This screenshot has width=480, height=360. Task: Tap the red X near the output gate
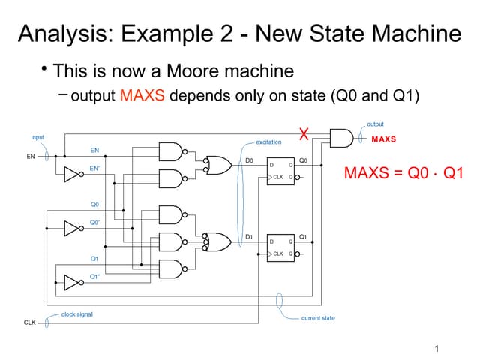pos(304,135)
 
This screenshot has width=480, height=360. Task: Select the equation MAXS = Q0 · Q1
pos(403,174)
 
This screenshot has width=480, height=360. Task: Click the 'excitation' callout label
pos(268,142)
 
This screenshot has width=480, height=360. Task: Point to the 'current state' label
pos(318,318)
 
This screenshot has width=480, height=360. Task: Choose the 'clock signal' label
pos(77,313)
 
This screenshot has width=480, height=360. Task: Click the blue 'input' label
pos(37,137)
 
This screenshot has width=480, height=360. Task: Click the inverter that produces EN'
pos(72,175)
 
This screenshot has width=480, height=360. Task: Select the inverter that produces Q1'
pos(72,282)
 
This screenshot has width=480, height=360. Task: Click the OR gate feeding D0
pos(218,164)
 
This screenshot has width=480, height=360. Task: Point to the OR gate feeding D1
pos(218,241)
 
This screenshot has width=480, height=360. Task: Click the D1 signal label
pos(250,236)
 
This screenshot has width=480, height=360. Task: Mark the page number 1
pos(436,348)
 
